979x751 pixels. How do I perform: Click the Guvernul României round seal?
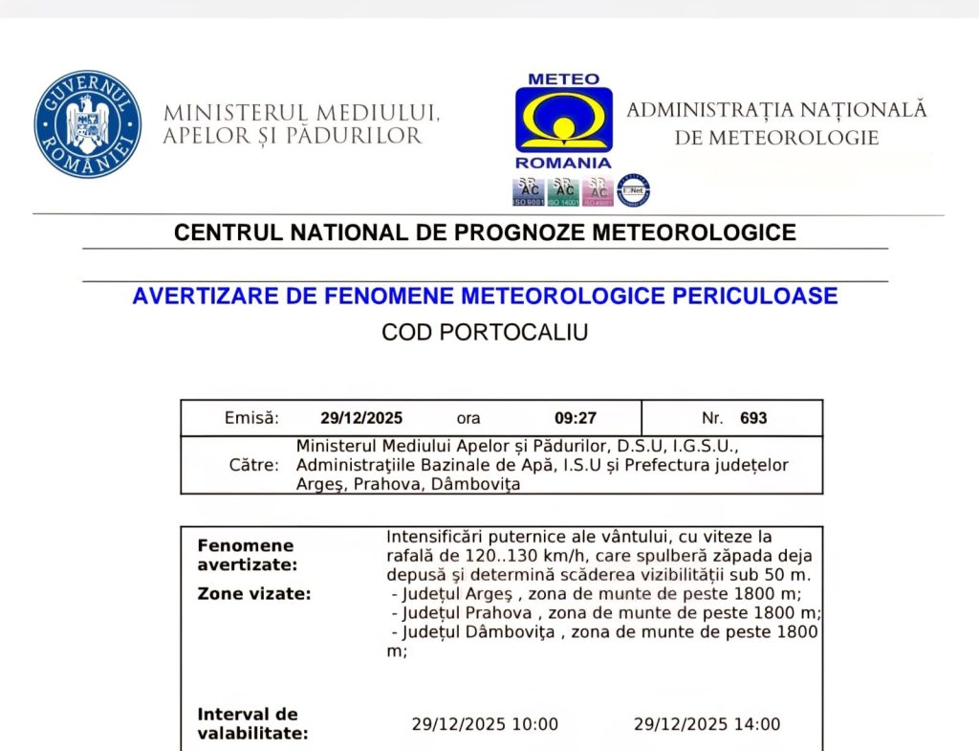[x=88, y=123]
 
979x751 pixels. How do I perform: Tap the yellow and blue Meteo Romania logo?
[x=563, y=121]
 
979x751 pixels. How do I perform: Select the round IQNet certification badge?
[x=633, y=190]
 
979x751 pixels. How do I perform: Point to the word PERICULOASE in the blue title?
[x=751, y=296]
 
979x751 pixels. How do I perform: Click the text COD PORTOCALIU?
[x=485, y=333]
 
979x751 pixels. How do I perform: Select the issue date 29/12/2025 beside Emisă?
[x=361, y=418]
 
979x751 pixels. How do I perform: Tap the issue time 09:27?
[x=576, y=418]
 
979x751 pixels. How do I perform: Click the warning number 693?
[x=753, y=418]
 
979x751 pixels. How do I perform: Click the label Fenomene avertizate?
[x=246, y=555]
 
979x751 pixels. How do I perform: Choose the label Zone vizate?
[x=253, y=594]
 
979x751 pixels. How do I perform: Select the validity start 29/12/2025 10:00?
[x=485, y=724]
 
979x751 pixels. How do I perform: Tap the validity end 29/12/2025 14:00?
[x=707, y=724]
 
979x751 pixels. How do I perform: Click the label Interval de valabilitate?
[x=252, y=724]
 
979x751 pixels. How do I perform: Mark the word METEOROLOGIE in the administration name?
[x=776, y=138]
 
